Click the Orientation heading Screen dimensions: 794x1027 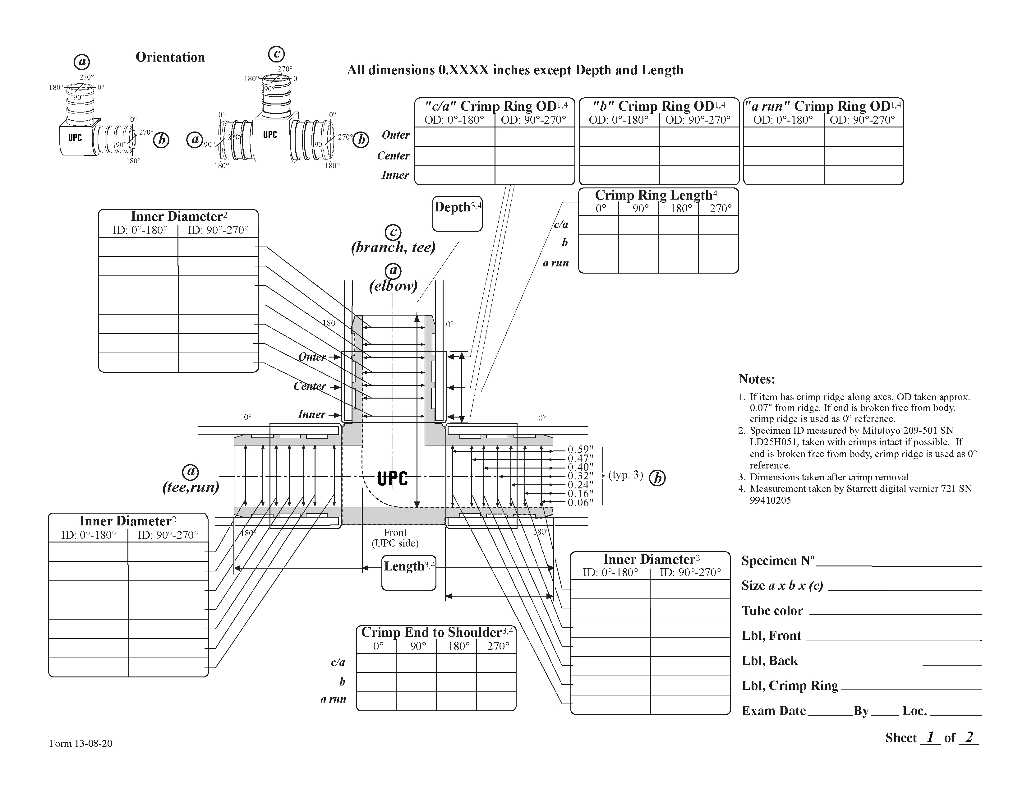pos(170,58)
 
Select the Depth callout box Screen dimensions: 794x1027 pos(457,214)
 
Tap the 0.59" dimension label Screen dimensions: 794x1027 pos(580,449)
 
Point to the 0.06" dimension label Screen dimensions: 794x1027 pos(580,502)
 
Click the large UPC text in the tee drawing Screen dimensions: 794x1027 pos(393,479)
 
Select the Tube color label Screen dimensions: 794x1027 pos(772,611)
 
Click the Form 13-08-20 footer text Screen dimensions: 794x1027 pos(81,744)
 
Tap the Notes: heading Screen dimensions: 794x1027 pos(757,379)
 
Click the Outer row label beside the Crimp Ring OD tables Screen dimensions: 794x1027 pos(395,135)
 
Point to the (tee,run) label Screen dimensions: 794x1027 pos(191,487)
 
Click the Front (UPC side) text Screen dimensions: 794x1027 pos(395,538)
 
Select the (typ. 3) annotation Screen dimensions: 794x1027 pos(625,475)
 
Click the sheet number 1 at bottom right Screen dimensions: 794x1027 pos(930,736)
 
